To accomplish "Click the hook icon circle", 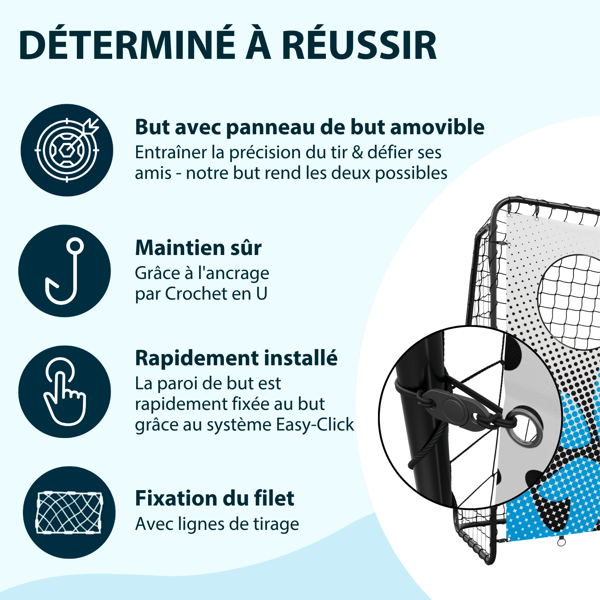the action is [x=64, y=271].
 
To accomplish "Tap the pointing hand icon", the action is [x=64, y=391].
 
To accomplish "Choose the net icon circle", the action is [x=69, y=512].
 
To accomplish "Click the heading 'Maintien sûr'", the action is [x=198, y=248].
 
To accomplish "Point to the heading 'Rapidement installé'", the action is [x=236, y=358].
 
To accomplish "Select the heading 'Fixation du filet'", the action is [x=214, y=498].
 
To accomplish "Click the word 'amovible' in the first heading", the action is [x=437, y=127].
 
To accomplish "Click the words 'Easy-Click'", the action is [x=315, y=425].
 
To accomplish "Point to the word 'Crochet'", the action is [x=196, y=294].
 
